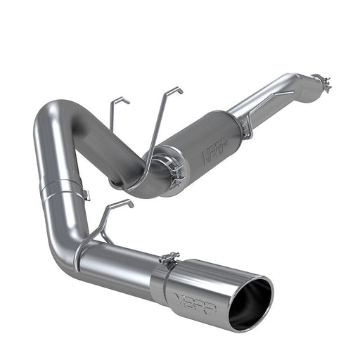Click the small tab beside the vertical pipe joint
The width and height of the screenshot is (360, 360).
point(85,195)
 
